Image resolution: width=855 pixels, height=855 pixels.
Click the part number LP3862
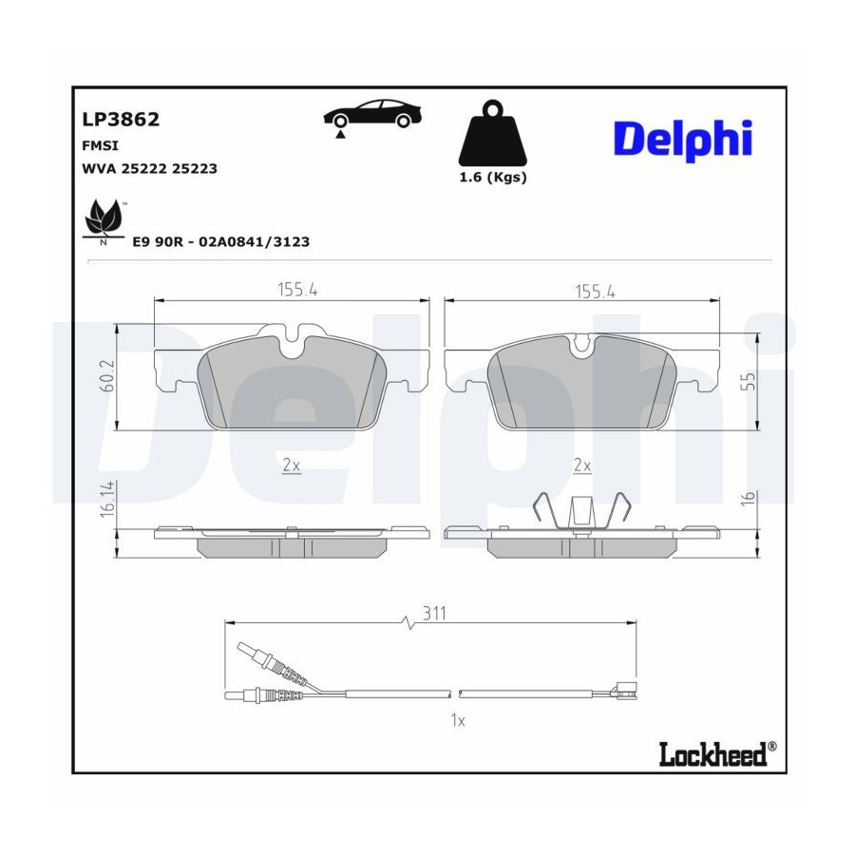(121, 120)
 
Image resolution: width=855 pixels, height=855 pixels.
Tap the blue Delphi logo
(683, 140)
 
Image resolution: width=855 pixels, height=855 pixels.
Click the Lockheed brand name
(713, 754)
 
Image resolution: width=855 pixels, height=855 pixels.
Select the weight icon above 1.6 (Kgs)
(493, 133)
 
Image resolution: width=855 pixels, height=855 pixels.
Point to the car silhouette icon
(372, 117)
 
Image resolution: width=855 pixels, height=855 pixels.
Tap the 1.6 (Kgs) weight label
(493, 178)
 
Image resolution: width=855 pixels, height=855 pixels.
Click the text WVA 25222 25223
(149, 168)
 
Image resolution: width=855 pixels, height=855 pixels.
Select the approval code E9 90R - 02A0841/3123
(221, 241)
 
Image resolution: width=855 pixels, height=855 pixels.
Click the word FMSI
(100, 145)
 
